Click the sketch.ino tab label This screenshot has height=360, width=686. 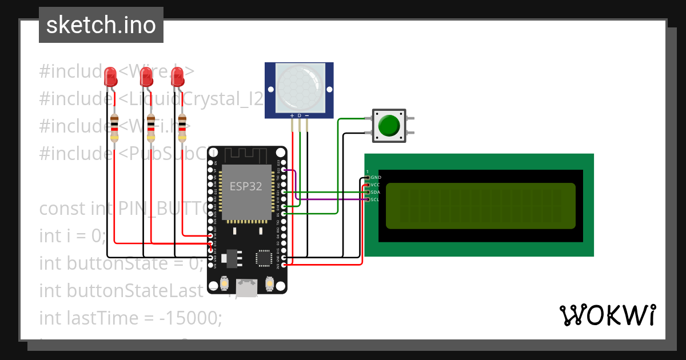coord(101,25)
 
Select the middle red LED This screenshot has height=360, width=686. coord(146,77)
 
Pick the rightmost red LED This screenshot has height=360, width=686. coord(178,77)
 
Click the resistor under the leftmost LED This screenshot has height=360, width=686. coord(114,127)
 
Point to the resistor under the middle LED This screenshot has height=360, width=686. coord(151,127)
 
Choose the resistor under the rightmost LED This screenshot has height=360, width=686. coord(182,127)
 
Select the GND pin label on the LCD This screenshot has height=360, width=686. coord(376,178)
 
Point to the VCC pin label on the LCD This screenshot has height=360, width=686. coord(375,185)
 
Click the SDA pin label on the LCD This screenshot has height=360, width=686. coord(375,192)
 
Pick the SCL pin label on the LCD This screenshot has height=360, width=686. coord(375,199)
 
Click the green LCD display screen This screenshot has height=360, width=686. coord(480,205)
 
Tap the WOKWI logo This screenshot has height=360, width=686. coord(607,315)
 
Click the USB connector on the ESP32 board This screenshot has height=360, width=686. coord(247,288)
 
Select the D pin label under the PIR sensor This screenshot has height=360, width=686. coord(299,116)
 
